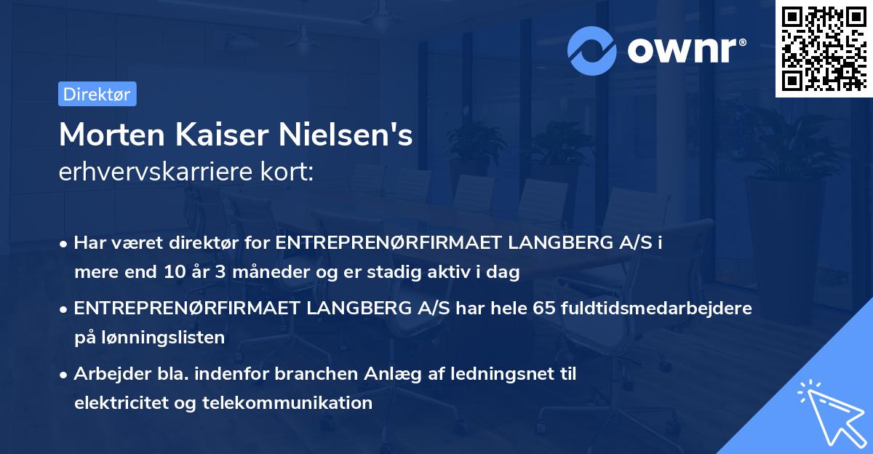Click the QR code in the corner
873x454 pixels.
[x=824, y=49]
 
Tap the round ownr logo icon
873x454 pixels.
[x=593, y=51]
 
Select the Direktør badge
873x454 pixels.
[x=97, y=94]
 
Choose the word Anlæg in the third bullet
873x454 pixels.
[x=404, y=374]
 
